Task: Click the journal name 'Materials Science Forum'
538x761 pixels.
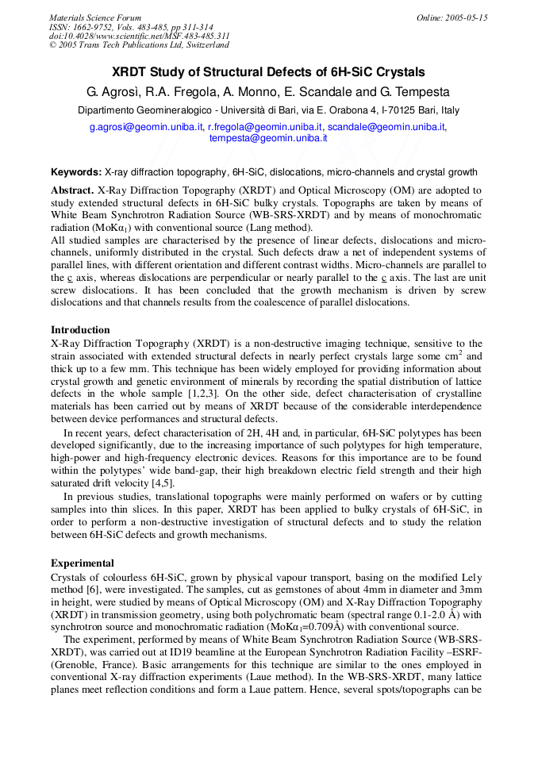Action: click(95, 17)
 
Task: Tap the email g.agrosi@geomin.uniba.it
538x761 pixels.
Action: click(146, 127)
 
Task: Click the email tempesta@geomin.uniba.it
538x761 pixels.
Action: click(268, 138)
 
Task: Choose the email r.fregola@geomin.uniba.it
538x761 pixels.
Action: click(265, 127)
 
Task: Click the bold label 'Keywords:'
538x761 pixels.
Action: click(76, 172)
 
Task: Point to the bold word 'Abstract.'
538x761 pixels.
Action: click(72, 190)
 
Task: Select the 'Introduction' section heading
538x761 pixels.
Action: click(80, 330)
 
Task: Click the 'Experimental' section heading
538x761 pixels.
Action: click(83, 563)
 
